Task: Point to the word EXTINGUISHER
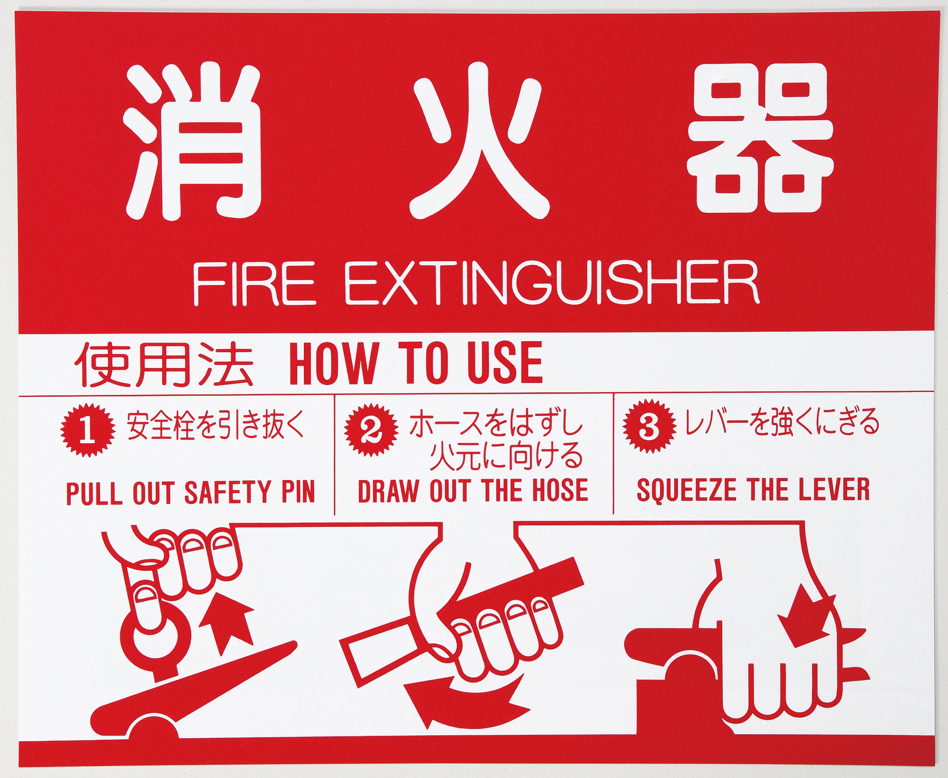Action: click(552, 284)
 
